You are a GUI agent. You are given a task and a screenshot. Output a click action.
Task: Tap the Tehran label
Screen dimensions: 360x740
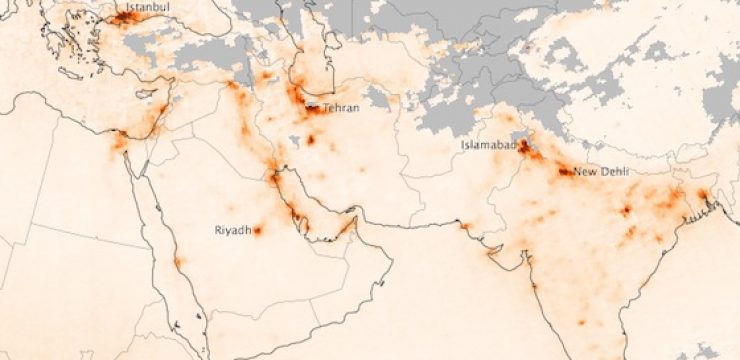pos(341,108)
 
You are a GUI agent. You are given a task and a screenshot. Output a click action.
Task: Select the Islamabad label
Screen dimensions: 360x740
pos(488,145)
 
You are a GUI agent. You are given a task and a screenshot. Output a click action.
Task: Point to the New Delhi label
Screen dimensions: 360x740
pos(602,172)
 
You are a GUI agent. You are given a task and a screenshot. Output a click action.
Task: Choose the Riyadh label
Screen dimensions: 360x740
pos(232,231)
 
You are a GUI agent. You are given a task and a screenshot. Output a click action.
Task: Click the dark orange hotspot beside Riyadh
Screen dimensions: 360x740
pos(257,230)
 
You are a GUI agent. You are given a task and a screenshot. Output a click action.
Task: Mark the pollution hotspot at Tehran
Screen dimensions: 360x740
pos(314,108)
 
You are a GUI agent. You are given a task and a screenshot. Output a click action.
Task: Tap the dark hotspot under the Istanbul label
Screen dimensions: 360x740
pos(125,17)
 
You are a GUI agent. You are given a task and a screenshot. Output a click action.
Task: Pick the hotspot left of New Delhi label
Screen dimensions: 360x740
pos(566,171)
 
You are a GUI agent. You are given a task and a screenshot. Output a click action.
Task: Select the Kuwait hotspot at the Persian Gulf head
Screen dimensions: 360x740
pos(271,178)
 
